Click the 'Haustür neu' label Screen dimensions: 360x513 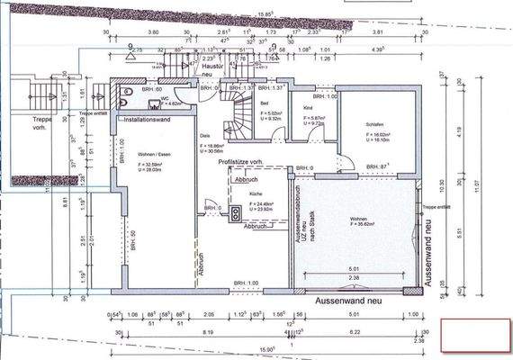coord(213,71)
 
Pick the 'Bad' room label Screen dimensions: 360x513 coord(265,103)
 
